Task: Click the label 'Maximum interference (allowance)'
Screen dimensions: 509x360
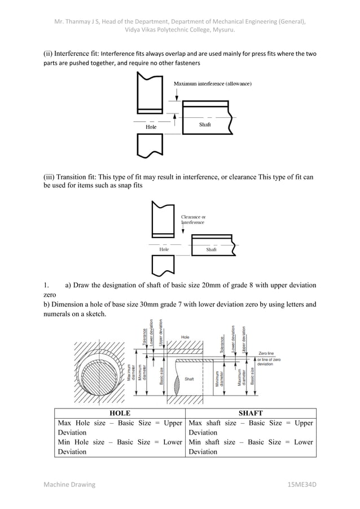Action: (212, 84)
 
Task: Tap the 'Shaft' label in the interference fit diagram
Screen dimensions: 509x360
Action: (205, 124)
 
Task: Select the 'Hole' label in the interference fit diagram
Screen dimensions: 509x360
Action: (151, 127)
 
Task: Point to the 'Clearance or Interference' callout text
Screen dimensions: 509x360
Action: (193, 220)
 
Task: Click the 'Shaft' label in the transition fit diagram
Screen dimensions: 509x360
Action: (212, 249)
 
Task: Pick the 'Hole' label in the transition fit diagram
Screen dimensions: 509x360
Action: (164, 249)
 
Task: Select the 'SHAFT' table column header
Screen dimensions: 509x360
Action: (251, 414)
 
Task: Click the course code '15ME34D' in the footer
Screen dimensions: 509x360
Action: (302, 485)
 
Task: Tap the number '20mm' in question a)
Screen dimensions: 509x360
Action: (207, 285)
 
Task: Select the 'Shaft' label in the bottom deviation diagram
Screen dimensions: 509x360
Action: (190, 379)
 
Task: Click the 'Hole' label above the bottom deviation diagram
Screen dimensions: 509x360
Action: (185, 337)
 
